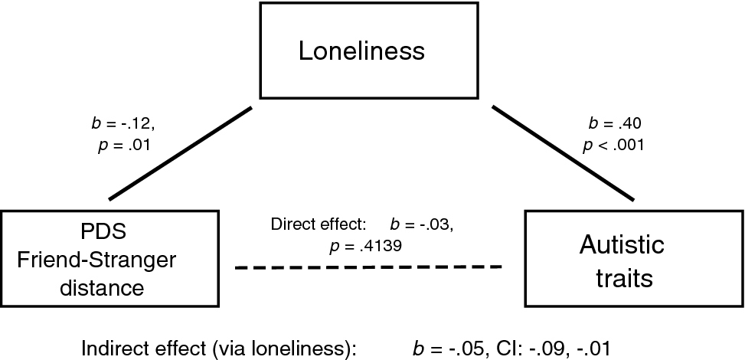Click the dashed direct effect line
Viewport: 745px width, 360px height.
click(x=368, y=267)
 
